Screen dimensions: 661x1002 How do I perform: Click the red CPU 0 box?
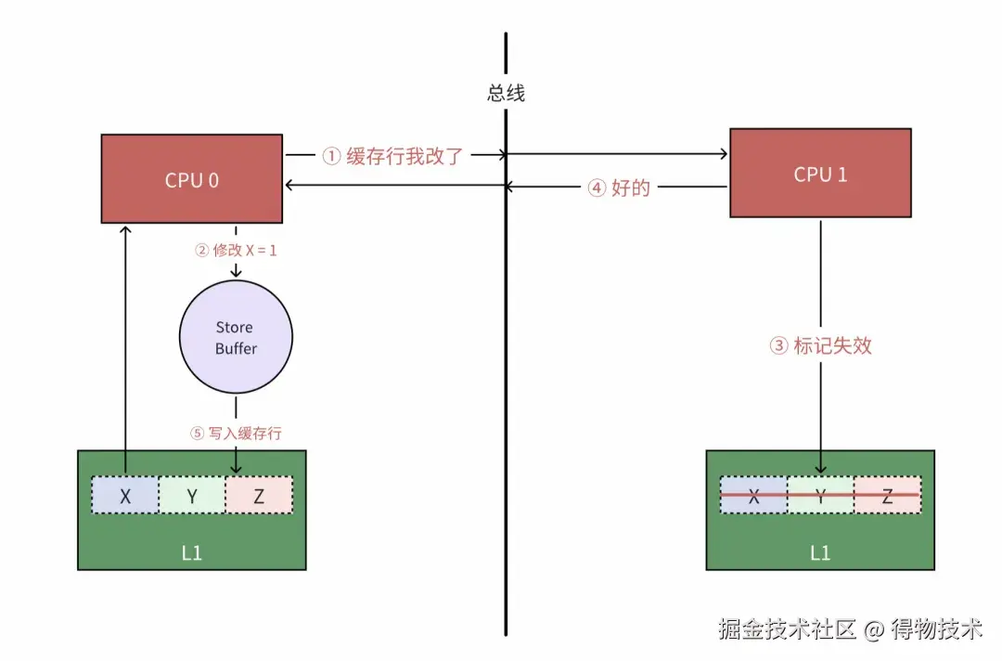192,178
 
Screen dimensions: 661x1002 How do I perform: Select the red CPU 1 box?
820,174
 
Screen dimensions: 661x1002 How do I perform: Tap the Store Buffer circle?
235,338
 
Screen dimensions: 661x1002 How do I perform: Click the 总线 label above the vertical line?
506,93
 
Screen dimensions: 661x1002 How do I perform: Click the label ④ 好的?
619,188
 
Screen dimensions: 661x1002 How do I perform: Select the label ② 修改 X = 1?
236,250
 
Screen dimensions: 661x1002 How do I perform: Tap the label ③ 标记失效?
821,346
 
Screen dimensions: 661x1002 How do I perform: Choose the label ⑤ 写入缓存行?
236,433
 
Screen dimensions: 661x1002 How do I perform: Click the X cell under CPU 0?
125,496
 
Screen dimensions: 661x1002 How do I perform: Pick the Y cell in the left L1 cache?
192,496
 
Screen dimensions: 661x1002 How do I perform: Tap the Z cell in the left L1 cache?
259,496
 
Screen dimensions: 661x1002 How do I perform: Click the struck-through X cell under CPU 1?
753,496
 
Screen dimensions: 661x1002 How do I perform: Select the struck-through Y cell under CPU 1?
820,496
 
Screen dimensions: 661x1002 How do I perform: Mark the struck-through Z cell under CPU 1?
887,496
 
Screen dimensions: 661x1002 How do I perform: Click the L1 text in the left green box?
191,552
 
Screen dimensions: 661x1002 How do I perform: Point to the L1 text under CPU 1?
820,552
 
